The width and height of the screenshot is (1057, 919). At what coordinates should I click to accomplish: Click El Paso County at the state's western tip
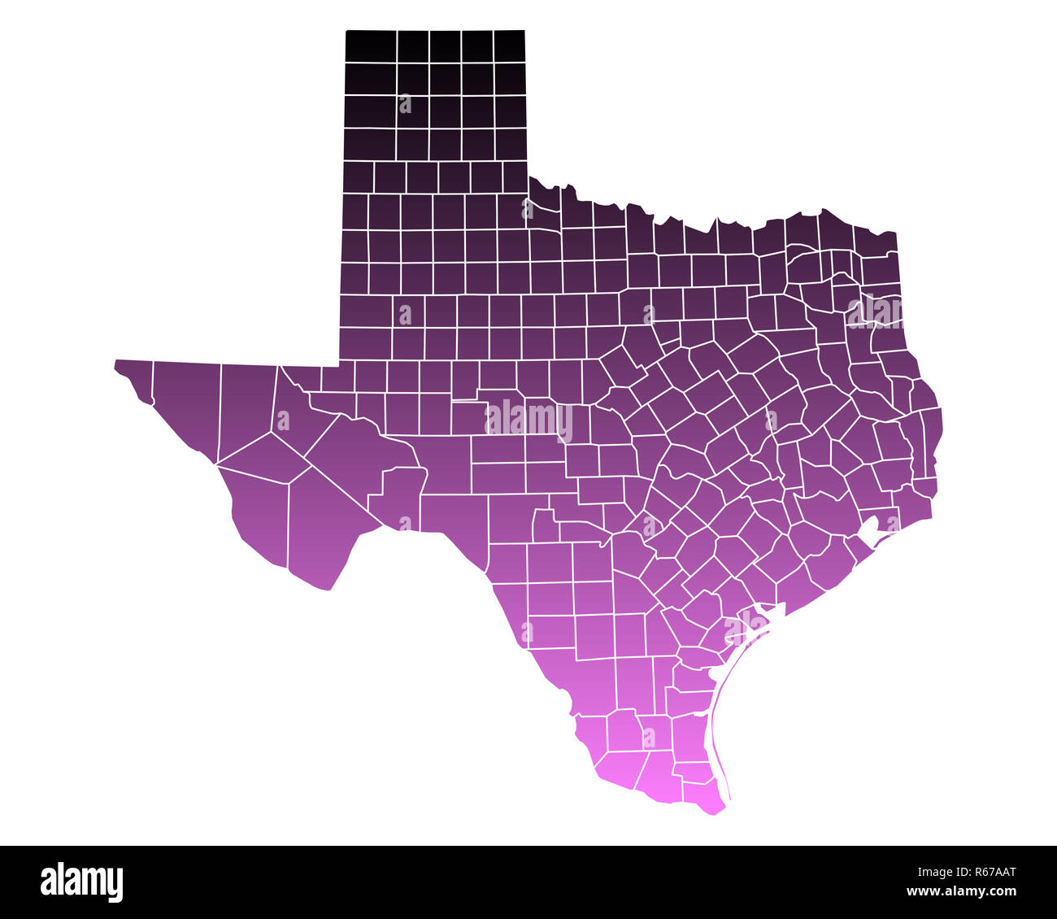[134, 375]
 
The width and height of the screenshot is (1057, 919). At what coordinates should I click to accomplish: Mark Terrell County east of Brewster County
[398, 496]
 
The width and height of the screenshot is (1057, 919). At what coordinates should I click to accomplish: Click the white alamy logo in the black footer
[81, 882]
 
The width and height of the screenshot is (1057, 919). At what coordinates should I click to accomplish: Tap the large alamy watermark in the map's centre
[529, 420]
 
